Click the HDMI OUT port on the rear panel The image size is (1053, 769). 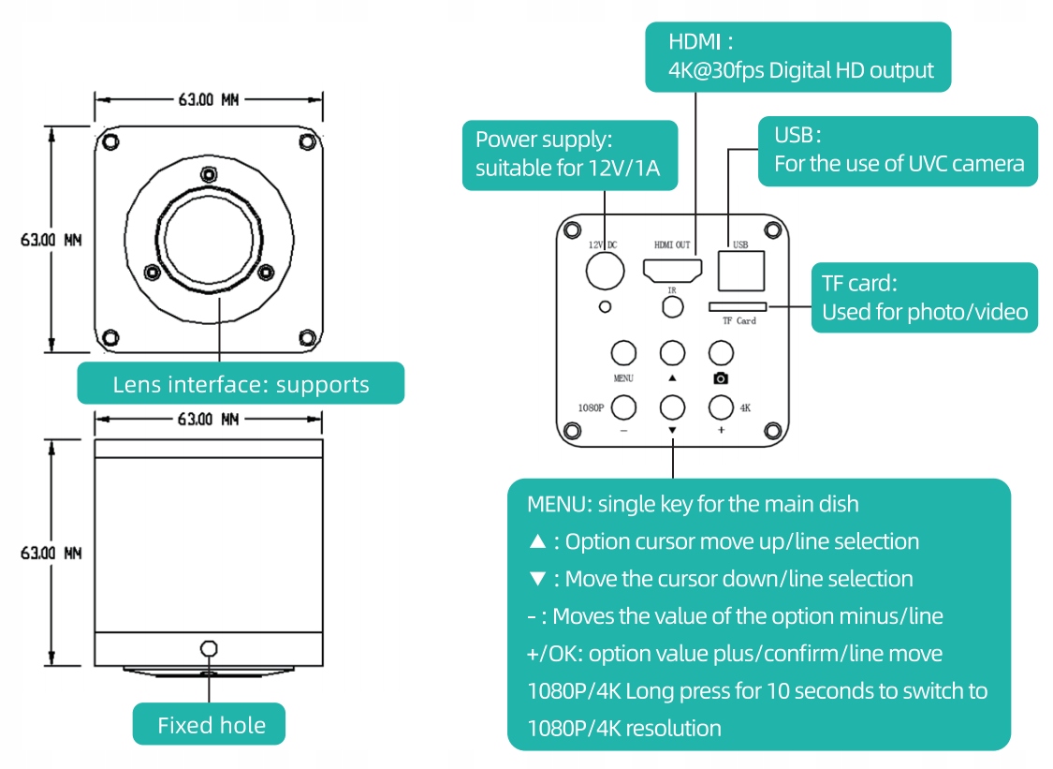point(672,271)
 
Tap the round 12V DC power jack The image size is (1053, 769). point(605,271)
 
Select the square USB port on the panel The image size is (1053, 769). point(740,271)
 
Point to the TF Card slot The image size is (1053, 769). point(738,306)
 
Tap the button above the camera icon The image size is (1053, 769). point(720,352)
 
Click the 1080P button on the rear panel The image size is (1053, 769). point(623,407)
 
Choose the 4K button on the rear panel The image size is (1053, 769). point(720,407)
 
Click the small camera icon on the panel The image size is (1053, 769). point(721,378)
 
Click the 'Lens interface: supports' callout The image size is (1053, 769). point(241,383)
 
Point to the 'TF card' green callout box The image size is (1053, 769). point(924,297)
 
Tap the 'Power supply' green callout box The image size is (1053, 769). point(570,155)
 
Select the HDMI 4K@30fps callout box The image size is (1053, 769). point(798,56)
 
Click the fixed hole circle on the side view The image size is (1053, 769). point(209,649)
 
